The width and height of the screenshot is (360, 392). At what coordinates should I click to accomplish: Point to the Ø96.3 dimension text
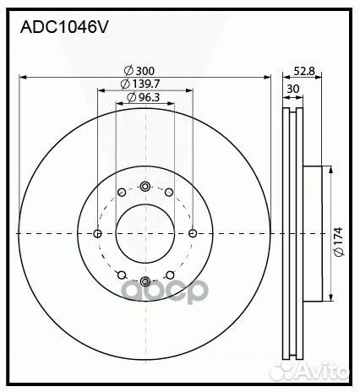pyautogui.click(x=145, y=98)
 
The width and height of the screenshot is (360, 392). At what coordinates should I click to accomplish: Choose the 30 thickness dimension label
pyautogui.click(x=292, y=86)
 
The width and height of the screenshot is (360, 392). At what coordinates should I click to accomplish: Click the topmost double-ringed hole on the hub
pyautogui.click(x=145, y=186)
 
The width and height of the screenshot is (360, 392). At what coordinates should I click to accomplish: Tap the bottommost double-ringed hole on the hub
pyautogui.click(x=145, y=280)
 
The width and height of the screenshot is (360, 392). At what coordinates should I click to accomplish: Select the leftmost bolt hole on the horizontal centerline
pyautogui.click(x=98, y=233)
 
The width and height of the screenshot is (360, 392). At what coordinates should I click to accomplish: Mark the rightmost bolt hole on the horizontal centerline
pyautogui.click(x=193, y=233)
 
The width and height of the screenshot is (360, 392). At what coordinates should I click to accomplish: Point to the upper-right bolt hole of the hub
pyautogui.click(x=169, y=193)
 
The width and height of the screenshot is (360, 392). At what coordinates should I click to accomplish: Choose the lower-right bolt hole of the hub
pyautogui.click(x=169, y=274)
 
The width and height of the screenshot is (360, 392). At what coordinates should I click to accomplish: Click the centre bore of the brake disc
pyautogui.click(x=145, y=233)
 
